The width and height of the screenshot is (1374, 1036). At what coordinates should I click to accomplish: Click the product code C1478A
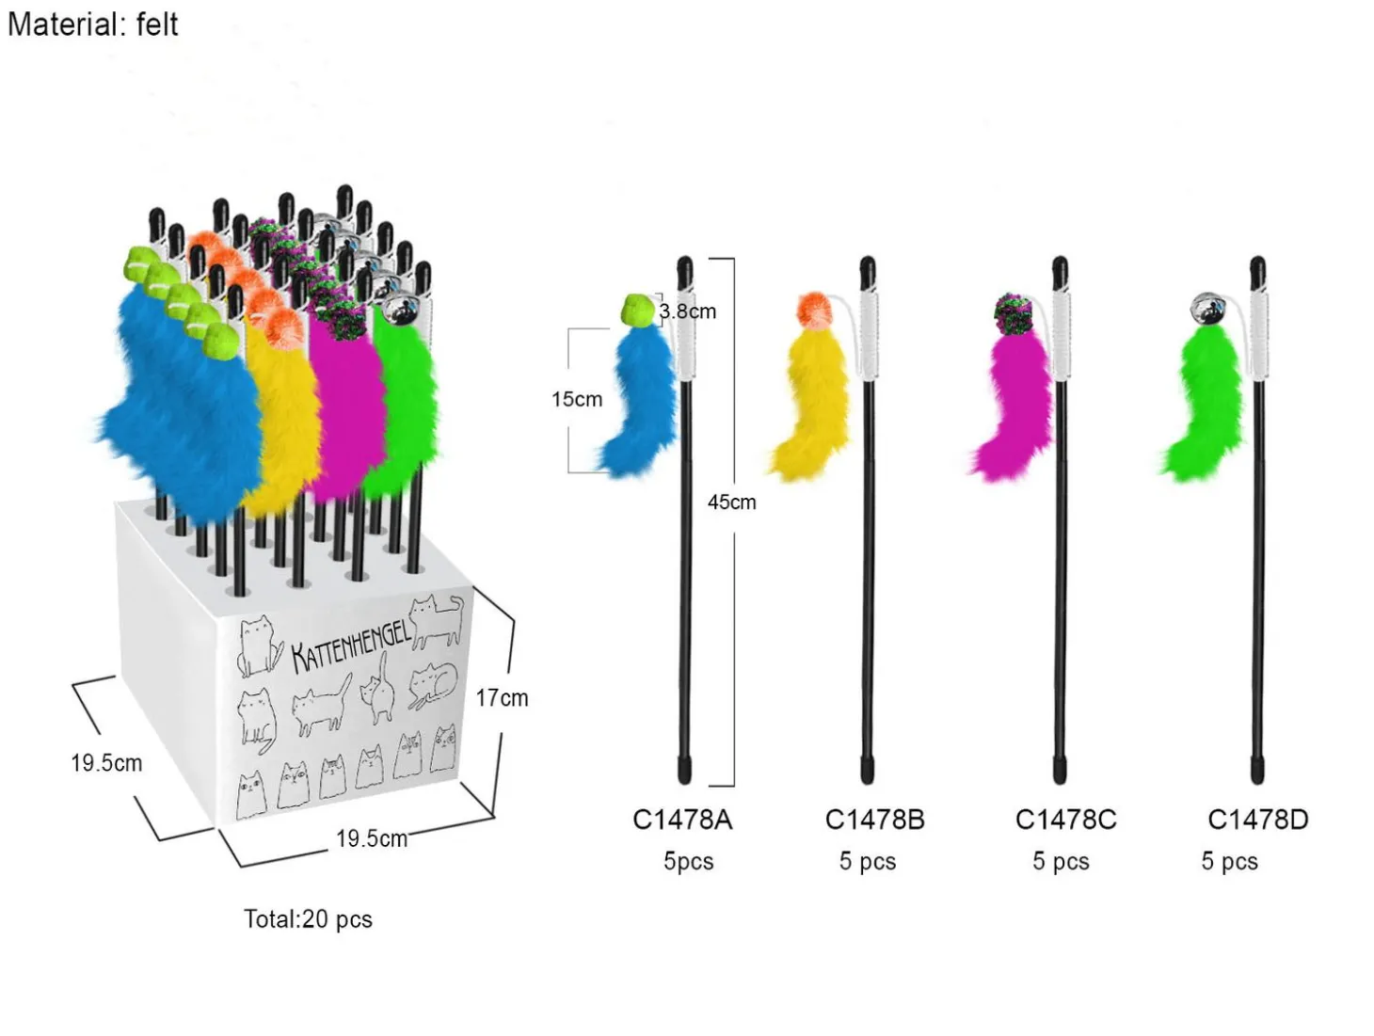[x=682, y=820]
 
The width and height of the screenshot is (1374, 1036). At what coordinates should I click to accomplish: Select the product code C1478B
[x=874, y=820]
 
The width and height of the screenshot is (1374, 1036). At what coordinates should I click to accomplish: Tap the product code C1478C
[x=1065, y=820]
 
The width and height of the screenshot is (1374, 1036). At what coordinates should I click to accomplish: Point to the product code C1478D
[x=1257, y=820]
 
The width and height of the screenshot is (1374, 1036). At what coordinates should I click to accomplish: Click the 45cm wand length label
[x=732, y=502]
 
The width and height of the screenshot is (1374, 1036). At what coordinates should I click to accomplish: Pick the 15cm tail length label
[x=577, y=399]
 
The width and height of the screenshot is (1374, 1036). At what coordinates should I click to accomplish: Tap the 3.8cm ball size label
[x=687, y=311]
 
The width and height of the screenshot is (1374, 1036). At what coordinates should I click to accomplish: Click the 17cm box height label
[x=502, y=697]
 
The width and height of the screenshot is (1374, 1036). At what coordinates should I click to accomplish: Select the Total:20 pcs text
[x=308, y=919]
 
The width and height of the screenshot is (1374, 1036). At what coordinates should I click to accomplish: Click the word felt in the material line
[x=153, y=24]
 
